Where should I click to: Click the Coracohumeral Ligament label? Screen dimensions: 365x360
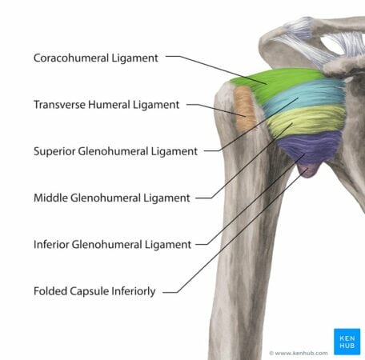(x=96, y=58)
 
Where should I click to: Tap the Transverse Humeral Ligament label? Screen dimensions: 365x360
(x=106, y=105)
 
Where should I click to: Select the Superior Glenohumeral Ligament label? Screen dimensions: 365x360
(x=115, y=151)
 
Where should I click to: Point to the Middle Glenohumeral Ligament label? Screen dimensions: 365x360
(x=112, y=198)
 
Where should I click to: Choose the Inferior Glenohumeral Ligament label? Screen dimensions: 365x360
(x=113, y=245)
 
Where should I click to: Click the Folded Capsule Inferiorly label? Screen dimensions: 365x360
(x=94, y=291)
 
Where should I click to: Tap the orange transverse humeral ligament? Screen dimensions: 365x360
(x=243, y=110)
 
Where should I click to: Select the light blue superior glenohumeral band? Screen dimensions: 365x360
(x=304, y=96)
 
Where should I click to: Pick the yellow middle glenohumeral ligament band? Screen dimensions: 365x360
(x=307, y=120)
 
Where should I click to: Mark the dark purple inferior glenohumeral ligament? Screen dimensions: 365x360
(x=310, y=146)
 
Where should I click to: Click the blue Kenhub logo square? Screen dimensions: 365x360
(x=347, y=342)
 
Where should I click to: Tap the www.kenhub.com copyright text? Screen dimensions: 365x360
(x=299, y=354)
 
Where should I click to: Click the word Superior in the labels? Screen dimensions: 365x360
(x=54, y=151)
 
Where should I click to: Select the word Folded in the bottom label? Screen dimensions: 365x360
(x=50, y=291)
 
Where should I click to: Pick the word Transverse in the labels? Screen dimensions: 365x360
(x=59, y=105)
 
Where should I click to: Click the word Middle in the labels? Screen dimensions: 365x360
(x=50, y=198)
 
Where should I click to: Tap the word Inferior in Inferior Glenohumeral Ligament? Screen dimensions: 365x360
(x=51, y=245)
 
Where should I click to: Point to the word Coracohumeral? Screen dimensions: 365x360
(x=71, y=58)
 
